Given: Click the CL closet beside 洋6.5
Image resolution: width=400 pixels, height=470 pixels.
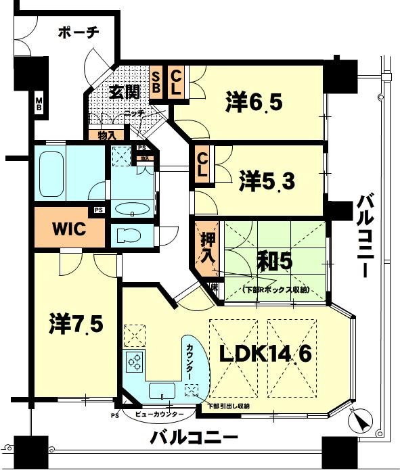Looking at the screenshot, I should [175, 83].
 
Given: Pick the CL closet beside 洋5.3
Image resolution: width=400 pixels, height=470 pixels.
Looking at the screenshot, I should [202, 165].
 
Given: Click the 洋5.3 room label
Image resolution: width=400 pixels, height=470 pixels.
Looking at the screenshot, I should [267, 181].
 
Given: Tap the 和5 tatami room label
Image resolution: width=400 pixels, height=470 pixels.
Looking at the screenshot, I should [274, 260].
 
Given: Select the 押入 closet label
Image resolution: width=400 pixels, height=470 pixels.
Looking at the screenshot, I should [207, 248].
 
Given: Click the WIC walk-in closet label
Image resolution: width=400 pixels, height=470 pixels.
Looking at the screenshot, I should [69, 229].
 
